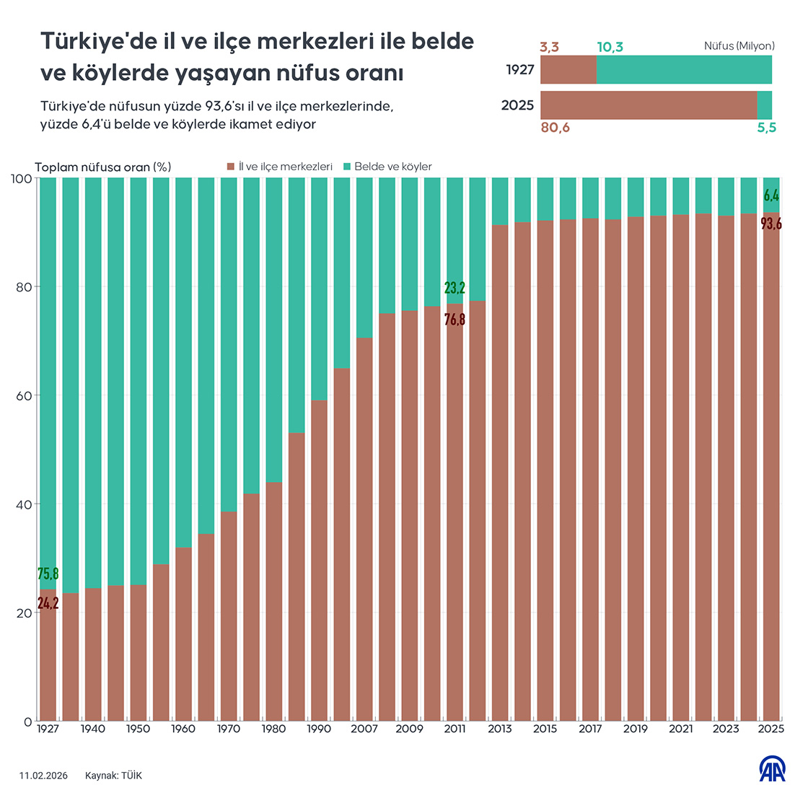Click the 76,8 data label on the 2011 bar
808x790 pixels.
click(454, 319)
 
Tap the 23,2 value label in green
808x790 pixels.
click(454, 288)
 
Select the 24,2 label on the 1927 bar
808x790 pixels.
click(48, 603)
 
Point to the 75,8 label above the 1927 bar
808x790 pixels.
click(48, 574)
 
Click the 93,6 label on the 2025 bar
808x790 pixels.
click(771, 224)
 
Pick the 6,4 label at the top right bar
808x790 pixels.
click(771, 196)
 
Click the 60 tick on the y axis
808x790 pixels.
click(23, 396)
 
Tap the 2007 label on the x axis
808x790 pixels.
click(364, 729)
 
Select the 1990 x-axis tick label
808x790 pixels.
click(319, 729)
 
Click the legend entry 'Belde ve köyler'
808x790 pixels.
click(392, 167)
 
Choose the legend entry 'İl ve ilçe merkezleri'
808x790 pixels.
click(285, 167)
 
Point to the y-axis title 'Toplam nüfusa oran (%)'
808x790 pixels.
click(103, 167)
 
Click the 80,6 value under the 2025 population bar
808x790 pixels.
click(555, 128)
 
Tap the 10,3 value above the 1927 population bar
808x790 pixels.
click(610, 48)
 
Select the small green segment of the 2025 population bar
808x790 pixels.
click(765, 105)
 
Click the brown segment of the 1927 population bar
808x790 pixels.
click(568, 70)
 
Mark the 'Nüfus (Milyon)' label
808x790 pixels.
click(739, 46)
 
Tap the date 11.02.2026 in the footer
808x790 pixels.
click(43, 776)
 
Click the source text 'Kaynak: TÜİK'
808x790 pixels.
click(113, 776)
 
